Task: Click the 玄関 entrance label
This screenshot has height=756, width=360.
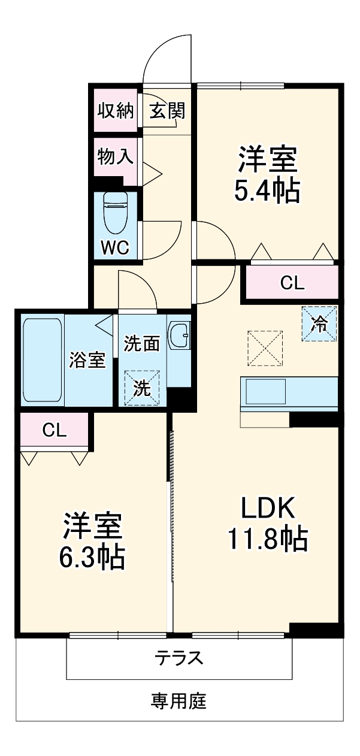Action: tap(167, 111)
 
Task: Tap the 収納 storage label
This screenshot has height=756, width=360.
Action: tap(116, 111)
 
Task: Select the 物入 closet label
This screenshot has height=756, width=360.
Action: tap(115, 157)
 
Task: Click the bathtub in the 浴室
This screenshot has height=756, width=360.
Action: tap(43, 360)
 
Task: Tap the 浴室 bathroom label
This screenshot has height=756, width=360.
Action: tap(88, 360)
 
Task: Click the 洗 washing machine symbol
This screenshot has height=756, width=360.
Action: tap(142, 388)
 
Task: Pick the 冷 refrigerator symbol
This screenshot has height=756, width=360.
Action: tap(319, 324)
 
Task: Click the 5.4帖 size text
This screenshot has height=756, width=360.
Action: tap(267, 191)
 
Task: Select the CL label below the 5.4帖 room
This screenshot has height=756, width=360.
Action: tap(292, 283)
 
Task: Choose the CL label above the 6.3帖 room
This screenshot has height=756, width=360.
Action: tap(55, 430)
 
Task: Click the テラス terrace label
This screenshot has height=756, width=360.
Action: tap(179, 658)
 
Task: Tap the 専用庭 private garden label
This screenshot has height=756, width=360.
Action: tap(179, 700)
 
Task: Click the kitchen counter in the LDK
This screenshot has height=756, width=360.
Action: tap(289, 393)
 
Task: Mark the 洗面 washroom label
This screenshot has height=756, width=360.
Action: tap(142, 344)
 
